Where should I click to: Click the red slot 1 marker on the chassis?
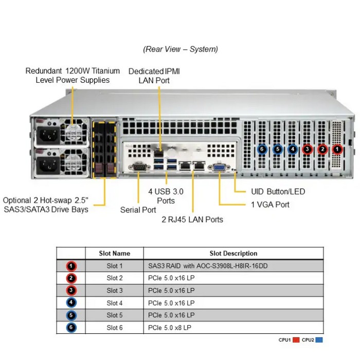click(x=337, y=149)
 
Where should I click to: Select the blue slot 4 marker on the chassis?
click(x=293, y=149)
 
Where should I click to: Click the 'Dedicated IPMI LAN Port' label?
click(x=154, y=76)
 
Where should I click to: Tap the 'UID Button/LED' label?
click(x=278, y=192)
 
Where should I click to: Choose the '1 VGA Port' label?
click(x=270, y=205)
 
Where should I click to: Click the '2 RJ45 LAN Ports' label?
click(x=193, y=220)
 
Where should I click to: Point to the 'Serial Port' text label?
click(x=138, y=210)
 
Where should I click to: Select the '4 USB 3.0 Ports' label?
click(x=166, y=196)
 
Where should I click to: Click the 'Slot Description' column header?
click(x=233, y=253)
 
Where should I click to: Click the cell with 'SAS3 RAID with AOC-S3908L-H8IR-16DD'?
click(x=208, y=266)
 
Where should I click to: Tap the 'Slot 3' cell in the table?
click(x=115, y=291)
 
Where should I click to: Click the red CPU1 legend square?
click(x=296, y=340)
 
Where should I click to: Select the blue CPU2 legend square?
click(x=320, y=340)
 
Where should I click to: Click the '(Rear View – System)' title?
click(x=180, y=49)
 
